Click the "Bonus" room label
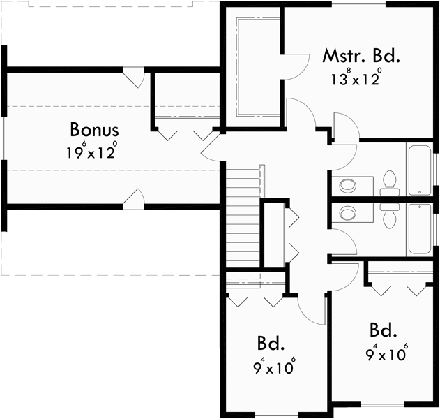(94, 129)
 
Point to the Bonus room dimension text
(92, 152)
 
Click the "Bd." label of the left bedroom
(271, 343)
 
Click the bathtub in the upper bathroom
(420, 170)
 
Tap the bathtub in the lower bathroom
(420, 229)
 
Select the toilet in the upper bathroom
(389, 183)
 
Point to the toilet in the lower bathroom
(389, 216)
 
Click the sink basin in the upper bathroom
(347, 186)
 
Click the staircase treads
(243, 216)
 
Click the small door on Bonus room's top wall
(135, 77)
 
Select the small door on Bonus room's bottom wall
(134, 199)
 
